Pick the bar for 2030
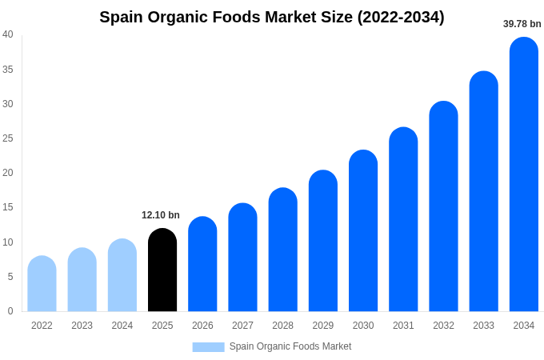point(363,231)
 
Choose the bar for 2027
point(242,258)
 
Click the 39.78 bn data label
point(522,24)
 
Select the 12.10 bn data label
point(161,215)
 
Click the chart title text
point(272,17)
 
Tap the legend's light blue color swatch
point(208,346)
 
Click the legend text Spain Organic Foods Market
point(290,346)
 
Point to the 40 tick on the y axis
point(8,34)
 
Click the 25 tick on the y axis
point(8,138)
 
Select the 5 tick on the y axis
point(10,277)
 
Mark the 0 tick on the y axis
point(10,311)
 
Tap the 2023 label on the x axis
point(82,326)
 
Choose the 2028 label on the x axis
point(282,326)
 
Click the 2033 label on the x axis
point(483,326)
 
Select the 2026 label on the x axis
point(202,326)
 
